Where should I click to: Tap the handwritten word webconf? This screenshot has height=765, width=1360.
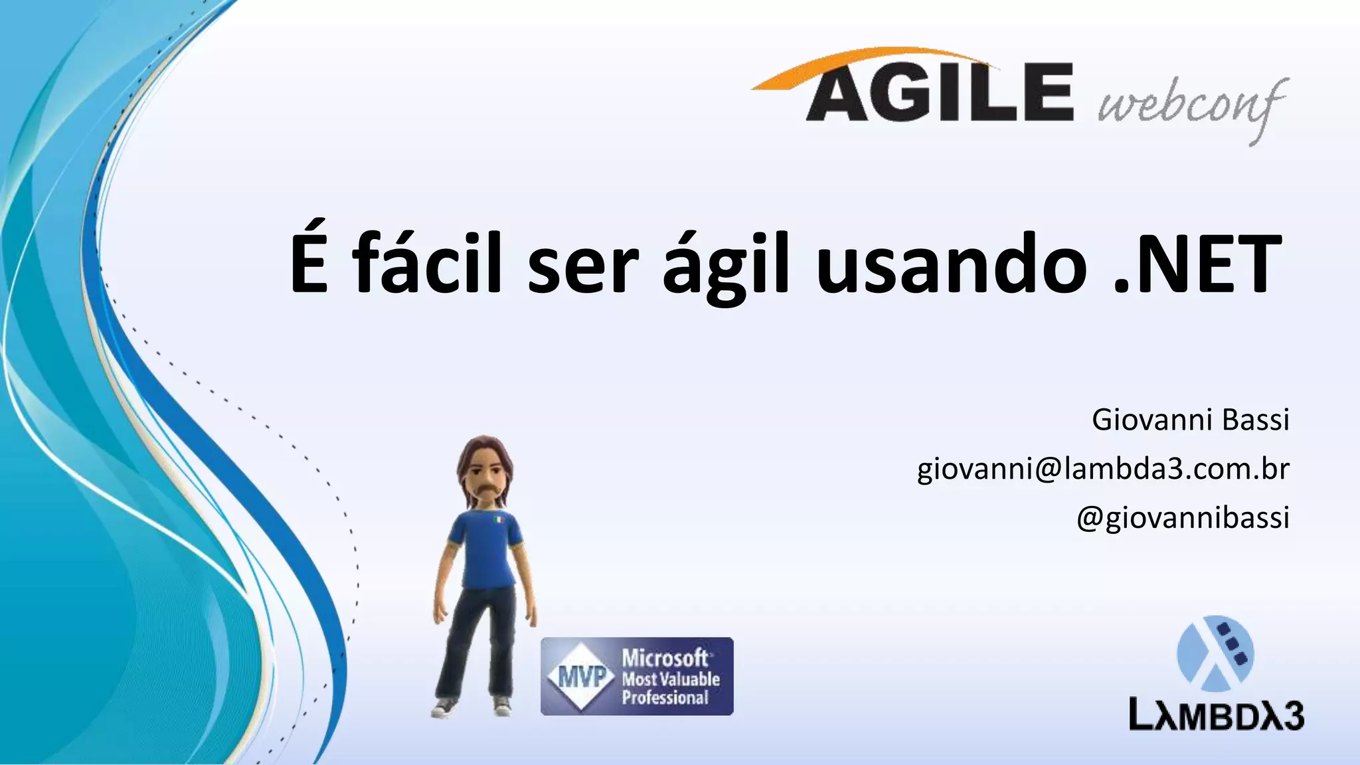point(1192,106)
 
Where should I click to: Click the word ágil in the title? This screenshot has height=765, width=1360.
point(727,266)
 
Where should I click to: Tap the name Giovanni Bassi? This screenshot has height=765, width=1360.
point(1190,420)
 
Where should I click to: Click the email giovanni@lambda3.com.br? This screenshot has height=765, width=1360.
point(1103,469)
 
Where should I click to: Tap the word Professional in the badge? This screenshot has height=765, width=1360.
point(665,698)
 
